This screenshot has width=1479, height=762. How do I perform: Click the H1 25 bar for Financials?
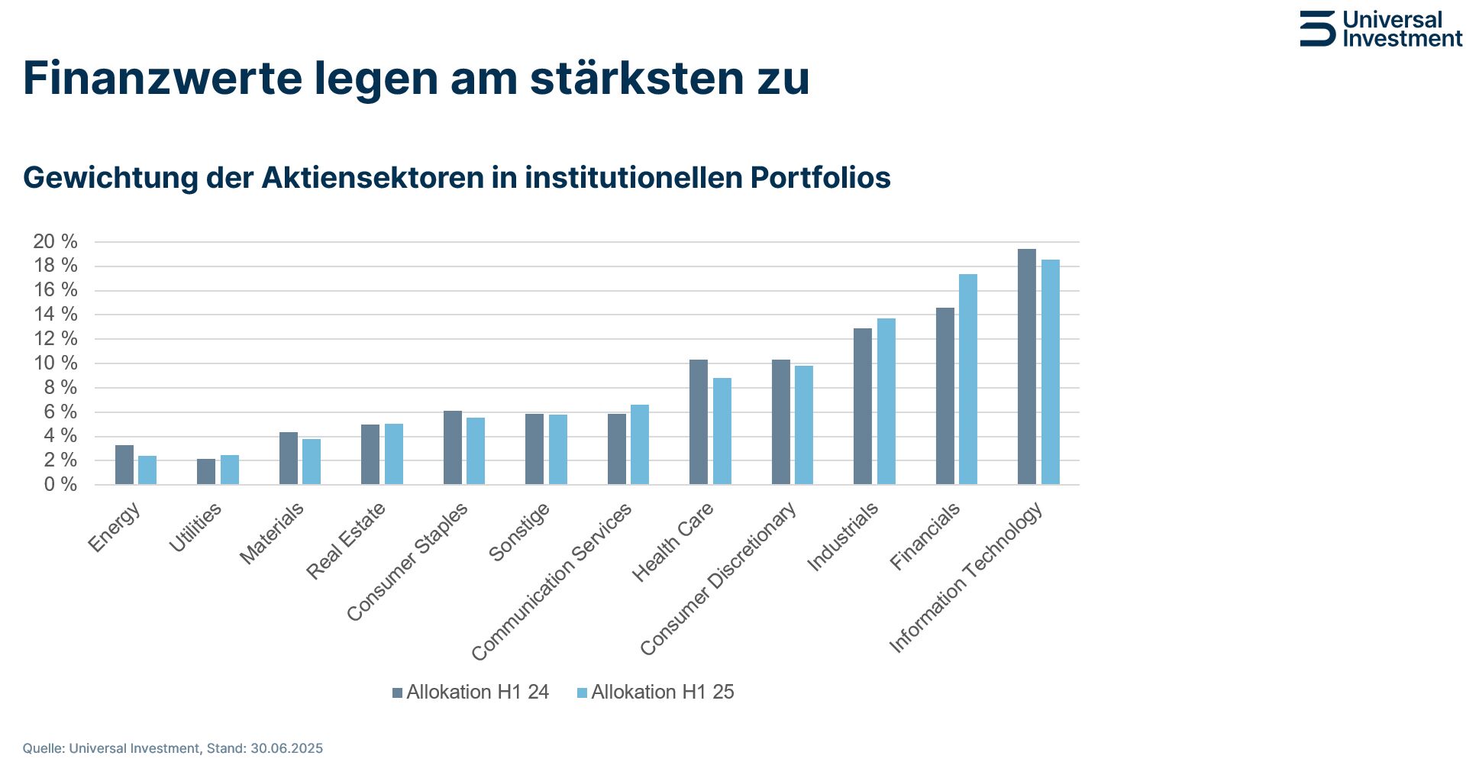967,379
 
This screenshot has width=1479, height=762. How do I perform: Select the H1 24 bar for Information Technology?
1026,366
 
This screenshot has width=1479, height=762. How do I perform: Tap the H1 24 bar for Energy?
124,465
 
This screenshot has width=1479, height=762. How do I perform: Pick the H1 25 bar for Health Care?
722,431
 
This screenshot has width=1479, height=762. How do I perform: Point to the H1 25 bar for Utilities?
230,470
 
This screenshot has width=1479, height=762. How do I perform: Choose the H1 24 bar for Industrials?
862,406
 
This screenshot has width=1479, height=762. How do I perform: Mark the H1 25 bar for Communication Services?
640,444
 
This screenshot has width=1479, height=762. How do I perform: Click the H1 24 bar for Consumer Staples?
453,447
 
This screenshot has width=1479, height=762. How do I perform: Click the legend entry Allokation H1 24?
470,693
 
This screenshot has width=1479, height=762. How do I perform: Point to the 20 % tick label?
55,242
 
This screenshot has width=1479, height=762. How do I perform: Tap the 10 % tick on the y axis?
55,363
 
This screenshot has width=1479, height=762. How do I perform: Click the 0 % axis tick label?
60,485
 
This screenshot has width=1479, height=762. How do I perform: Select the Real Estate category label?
346,541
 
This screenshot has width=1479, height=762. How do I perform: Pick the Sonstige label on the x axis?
519,532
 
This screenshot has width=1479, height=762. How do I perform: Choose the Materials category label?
272,534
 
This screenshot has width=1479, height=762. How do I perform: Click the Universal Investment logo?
1381,29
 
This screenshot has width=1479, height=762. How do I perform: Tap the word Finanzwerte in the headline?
162,78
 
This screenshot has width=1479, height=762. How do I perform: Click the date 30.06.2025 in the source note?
286,748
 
